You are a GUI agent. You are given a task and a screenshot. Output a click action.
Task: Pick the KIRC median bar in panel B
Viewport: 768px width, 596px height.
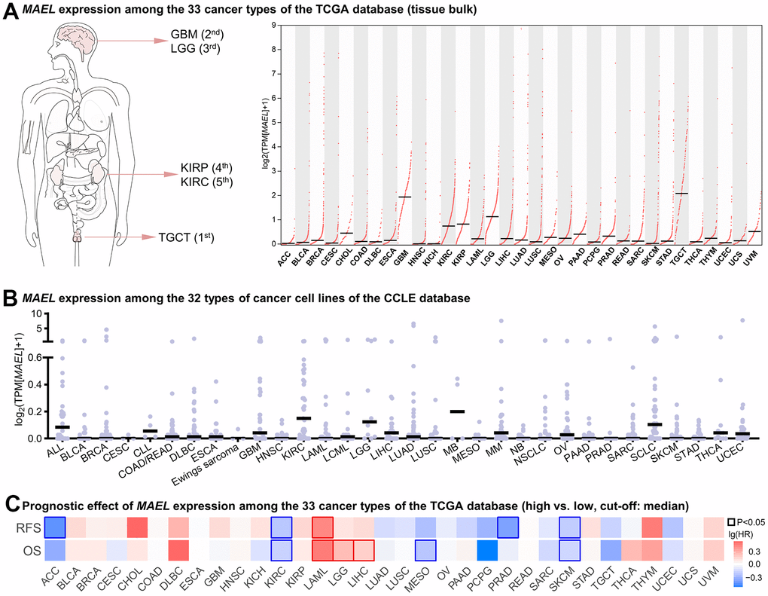pyautogui.click(x=303, y=418)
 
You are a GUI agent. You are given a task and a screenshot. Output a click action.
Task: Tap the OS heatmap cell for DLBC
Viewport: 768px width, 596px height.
pyautogui.click(x=178, y=551)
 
